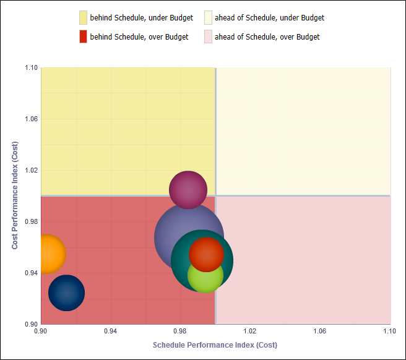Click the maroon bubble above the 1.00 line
[188, 190]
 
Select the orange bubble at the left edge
[47, 254]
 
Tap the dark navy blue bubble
[66, 293]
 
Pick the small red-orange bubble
[206, 253]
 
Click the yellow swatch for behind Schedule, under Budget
[83, 17]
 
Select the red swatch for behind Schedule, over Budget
[83, 36]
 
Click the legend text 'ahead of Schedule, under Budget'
[269, 18]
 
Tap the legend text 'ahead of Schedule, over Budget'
[267, 37]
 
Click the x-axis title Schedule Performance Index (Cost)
[215, 345]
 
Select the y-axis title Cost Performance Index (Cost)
[15, 195]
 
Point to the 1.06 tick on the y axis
[30, 119]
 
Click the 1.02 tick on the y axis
[30, 170]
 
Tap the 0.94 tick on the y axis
[30, 273]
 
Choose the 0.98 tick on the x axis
[180, 332]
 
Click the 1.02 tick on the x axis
[250, 332]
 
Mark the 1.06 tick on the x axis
[320, 332]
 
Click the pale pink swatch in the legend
[208, 36]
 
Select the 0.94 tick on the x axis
[110, 332]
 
